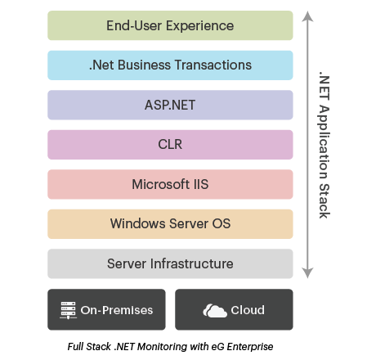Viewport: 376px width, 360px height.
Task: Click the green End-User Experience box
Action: [170, 25]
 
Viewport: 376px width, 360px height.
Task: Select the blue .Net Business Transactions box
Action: [170, 65]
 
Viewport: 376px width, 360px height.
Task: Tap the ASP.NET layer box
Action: [170, 105]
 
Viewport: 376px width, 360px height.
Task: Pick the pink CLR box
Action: [170, 145]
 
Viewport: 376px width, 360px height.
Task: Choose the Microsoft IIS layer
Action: [170, 184]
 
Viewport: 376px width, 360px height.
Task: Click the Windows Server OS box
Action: [170, 224]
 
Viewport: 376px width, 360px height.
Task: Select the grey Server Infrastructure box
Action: [170, 263]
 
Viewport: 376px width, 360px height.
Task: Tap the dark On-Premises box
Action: [106, 310]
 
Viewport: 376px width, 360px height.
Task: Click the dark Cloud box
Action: [234, 310]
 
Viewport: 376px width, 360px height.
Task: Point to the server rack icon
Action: [69, 310]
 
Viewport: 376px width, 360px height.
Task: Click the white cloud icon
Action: [215, 310]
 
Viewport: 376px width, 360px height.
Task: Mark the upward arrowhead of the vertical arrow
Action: [307, 15]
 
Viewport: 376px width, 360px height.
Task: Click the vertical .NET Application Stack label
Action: [324, 144]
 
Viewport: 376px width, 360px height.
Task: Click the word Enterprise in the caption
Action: [248, 347]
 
